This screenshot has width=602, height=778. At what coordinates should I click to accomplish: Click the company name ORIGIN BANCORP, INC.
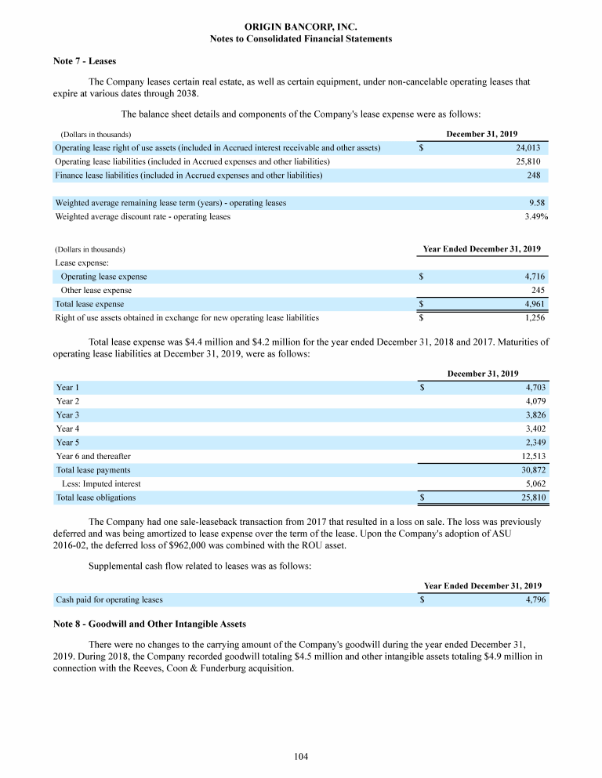301,27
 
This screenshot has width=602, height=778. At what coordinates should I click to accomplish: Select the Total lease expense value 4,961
534,304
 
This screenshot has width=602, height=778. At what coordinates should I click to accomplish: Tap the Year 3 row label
68,414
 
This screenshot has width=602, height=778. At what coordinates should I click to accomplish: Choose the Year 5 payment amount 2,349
535,443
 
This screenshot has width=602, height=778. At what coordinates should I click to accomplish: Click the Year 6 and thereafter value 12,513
532,456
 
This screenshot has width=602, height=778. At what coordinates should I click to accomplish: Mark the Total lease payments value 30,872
532,470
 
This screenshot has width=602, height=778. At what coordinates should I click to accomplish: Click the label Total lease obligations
96,498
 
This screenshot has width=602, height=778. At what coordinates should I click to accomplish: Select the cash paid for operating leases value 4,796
535,600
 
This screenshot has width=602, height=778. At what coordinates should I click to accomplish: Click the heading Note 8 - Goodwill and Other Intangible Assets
149,624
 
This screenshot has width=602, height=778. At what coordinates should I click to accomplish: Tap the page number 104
301,756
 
